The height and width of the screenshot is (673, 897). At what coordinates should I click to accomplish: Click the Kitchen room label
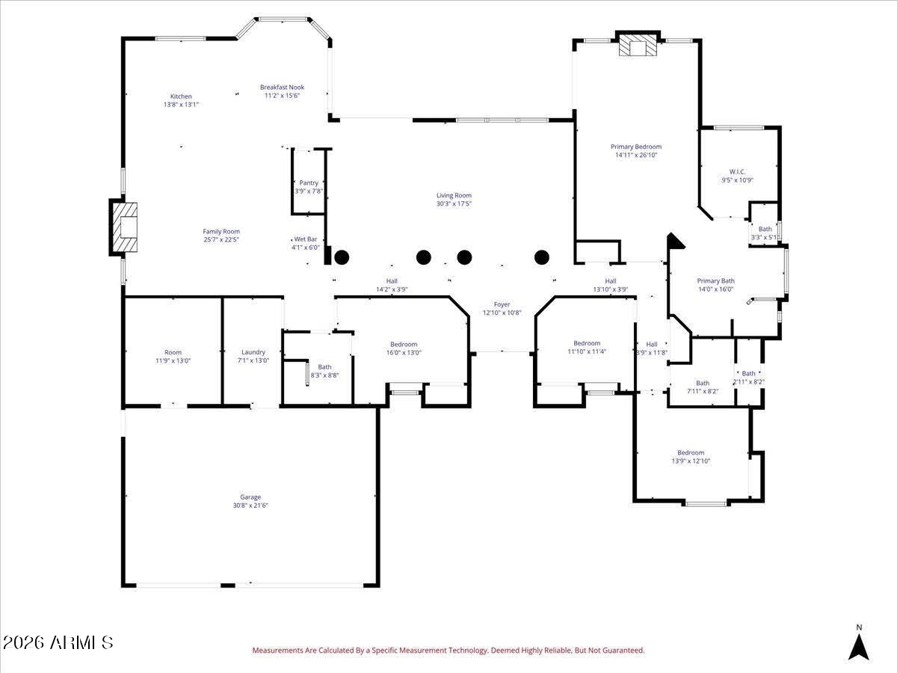click(x=181, y=96)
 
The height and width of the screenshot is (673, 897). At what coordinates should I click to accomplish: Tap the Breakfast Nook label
click(x=282, y=87)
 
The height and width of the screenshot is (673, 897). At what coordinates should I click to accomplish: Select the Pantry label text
click(x=309, y=183)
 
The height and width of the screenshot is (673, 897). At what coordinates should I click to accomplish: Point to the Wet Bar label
click(x=306, y=239)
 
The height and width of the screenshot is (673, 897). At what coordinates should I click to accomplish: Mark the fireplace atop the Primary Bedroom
click(x=638, y=46)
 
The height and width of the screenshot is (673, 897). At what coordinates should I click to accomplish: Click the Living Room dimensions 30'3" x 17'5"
click(x=454, y=203)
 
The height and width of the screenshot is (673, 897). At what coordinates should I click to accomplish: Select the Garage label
click(x=250, y=497)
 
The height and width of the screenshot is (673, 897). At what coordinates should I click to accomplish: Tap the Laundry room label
click(x=253, y=352)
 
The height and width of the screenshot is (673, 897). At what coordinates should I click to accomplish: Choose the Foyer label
click(x=502, y=304)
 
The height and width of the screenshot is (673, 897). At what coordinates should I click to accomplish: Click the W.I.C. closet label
click(x=737, y=171)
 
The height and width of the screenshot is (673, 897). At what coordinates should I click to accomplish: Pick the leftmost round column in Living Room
click(x=342, y=257)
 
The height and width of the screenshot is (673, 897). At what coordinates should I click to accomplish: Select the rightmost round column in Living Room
click(x=542, y=257)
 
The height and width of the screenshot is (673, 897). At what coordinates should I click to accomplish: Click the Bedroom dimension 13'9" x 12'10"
click(x=690, y=461)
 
